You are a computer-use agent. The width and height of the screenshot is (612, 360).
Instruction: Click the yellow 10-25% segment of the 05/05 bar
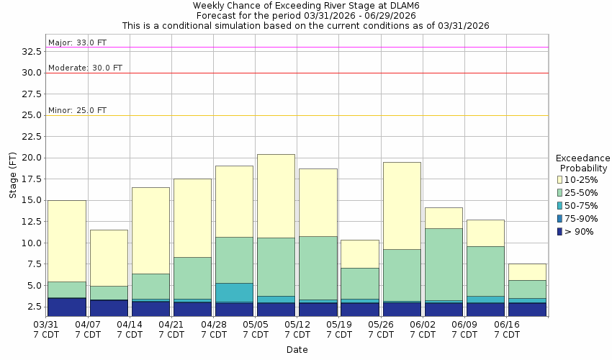[276, 196]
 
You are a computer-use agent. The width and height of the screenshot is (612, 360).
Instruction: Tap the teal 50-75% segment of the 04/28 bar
[234, 292]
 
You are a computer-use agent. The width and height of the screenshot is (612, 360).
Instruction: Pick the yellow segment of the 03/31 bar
[67, 240]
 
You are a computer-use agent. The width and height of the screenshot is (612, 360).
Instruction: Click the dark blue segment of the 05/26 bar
[402, 309]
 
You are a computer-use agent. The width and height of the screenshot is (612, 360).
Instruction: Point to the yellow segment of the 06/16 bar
[527, 271]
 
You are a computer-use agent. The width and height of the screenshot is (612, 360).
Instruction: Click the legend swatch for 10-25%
[561, 179]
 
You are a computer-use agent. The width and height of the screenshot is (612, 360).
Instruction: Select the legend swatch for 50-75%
[561, 205]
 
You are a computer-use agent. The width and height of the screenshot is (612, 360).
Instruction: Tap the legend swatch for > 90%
[561, 231]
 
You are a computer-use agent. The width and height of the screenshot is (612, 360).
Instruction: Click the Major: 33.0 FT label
[77, 42]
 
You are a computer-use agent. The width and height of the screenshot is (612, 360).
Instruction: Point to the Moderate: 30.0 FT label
[85, 68]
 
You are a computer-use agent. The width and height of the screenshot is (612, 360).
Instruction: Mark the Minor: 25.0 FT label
[77, 110]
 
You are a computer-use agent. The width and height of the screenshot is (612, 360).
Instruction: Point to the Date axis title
[297, 350]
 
